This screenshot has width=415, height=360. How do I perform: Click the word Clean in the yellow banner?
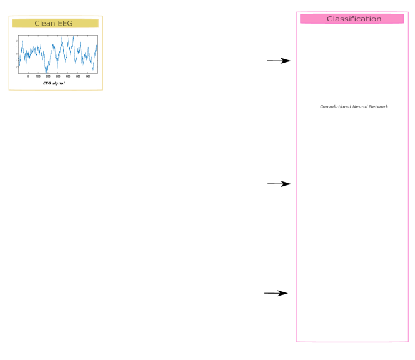(x=44, y=24)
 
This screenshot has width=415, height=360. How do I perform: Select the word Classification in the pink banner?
(x=354, y=19)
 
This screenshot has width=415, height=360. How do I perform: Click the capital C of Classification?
(x=329, y=19)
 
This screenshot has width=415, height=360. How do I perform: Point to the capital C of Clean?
(x=37, y=24)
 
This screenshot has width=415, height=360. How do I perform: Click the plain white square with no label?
(x=115, y=327)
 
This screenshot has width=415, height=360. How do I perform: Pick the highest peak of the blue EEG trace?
(x=69, y=36)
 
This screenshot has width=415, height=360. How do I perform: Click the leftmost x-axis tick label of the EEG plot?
(x=28, y=76)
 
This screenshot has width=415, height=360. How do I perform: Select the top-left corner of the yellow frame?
(x=9, y=16)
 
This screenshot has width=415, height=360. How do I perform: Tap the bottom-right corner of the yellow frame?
(x=102, y=91)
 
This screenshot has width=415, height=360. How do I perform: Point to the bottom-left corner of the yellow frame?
(x=9, y=91)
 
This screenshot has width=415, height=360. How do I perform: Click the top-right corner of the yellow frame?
(x=102, y=16)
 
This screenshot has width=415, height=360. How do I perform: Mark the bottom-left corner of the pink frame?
(x=296, y=342)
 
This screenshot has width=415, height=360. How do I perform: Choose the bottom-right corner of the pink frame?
(x=408, y=342)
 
